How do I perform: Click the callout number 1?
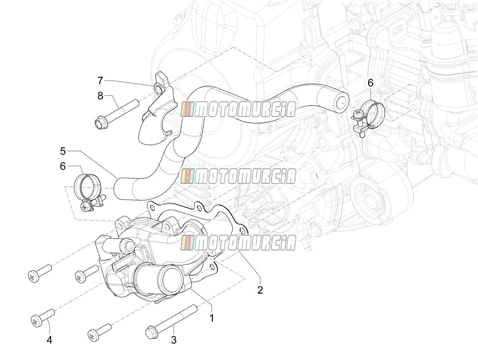tap(211, 318)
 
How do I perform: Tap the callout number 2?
tap(260, 290)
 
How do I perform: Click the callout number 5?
tap(63, 151)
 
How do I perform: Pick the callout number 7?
tap(100, 80)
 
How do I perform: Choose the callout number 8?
tap(100, 96)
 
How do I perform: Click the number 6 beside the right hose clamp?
tap(370, 83)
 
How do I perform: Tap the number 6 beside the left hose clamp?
tap(63, 166)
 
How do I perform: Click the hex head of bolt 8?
tap(101, 124)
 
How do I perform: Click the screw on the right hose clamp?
tap(357, 114)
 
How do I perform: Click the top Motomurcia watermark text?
tap(239, 109)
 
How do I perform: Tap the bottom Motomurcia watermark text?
tap(239, 243)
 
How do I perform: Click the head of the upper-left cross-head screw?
tap(33, 277)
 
